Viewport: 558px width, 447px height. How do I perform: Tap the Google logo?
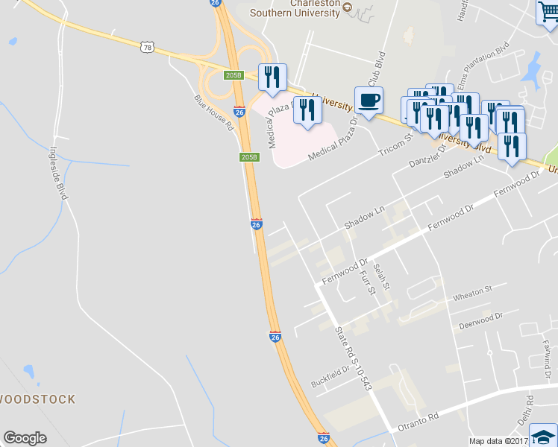(x=25, y=438)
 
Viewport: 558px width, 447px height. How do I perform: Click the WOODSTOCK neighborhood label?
(x=37, y=399)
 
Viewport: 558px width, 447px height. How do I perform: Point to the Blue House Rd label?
(x=214, y=112)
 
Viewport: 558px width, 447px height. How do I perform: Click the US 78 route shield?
(x=146, y=47)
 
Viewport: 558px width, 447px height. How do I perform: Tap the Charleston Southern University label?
(x=295, y=7)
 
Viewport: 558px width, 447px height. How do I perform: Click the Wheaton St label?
(x=473, y=293)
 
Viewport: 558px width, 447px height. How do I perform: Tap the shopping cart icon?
(x=548, y=13)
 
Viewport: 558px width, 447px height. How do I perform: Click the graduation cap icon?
(x=544, y=436)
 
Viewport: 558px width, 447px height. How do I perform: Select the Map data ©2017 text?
(x=498, y=441)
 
